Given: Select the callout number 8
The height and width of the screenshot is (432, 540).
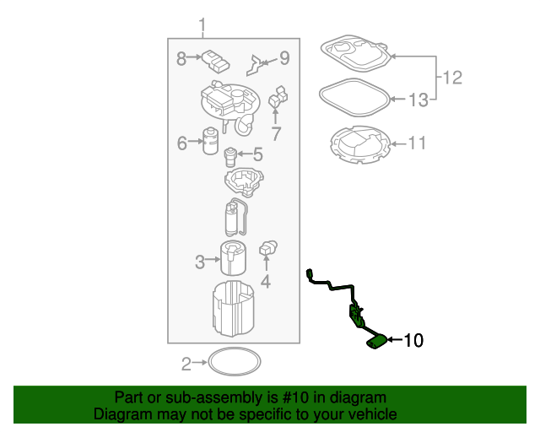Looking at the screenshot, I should [x=181, y=58].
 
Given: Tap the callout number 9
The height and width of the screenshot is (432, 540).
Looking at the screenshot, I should [x=283, y=58].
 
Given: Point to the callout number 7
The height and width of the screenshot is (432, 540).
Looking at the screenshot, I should [x=275, y=133].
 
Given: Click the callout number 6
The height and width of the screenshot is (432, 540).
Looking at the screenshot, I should [x=181, y=143].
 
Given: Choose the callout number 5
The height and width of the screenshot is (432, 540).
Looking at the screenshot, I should [x=257, y=154].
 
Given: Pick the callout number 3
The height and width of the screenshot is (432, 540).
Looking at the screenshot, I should [x=200, y=262].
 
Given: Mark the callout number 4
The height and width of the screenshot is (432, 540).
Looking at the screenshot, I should [x=265, y=282].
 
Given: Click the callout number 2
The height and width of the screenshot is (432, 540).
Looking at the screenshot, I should [x=186, y=364].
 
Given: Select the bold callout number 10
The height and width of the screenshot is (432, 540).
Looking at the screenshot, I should [x=413, y=341].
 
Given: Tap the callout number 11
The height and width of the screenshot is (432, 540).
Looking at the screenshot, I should [x=417, y=143].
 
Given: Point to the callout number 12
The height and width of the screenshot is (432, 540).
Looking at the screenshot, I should [x=452, y=78].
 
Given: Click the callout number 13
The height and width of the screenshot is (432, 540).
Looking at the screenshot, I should [x=418, y=100].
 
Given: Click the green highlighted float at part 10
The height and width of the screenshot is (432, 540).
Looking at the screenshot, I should [x=377, y=341].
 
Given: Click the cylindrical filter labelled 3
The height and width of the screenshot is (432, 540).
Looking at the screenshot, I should [x=233, y=257].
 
